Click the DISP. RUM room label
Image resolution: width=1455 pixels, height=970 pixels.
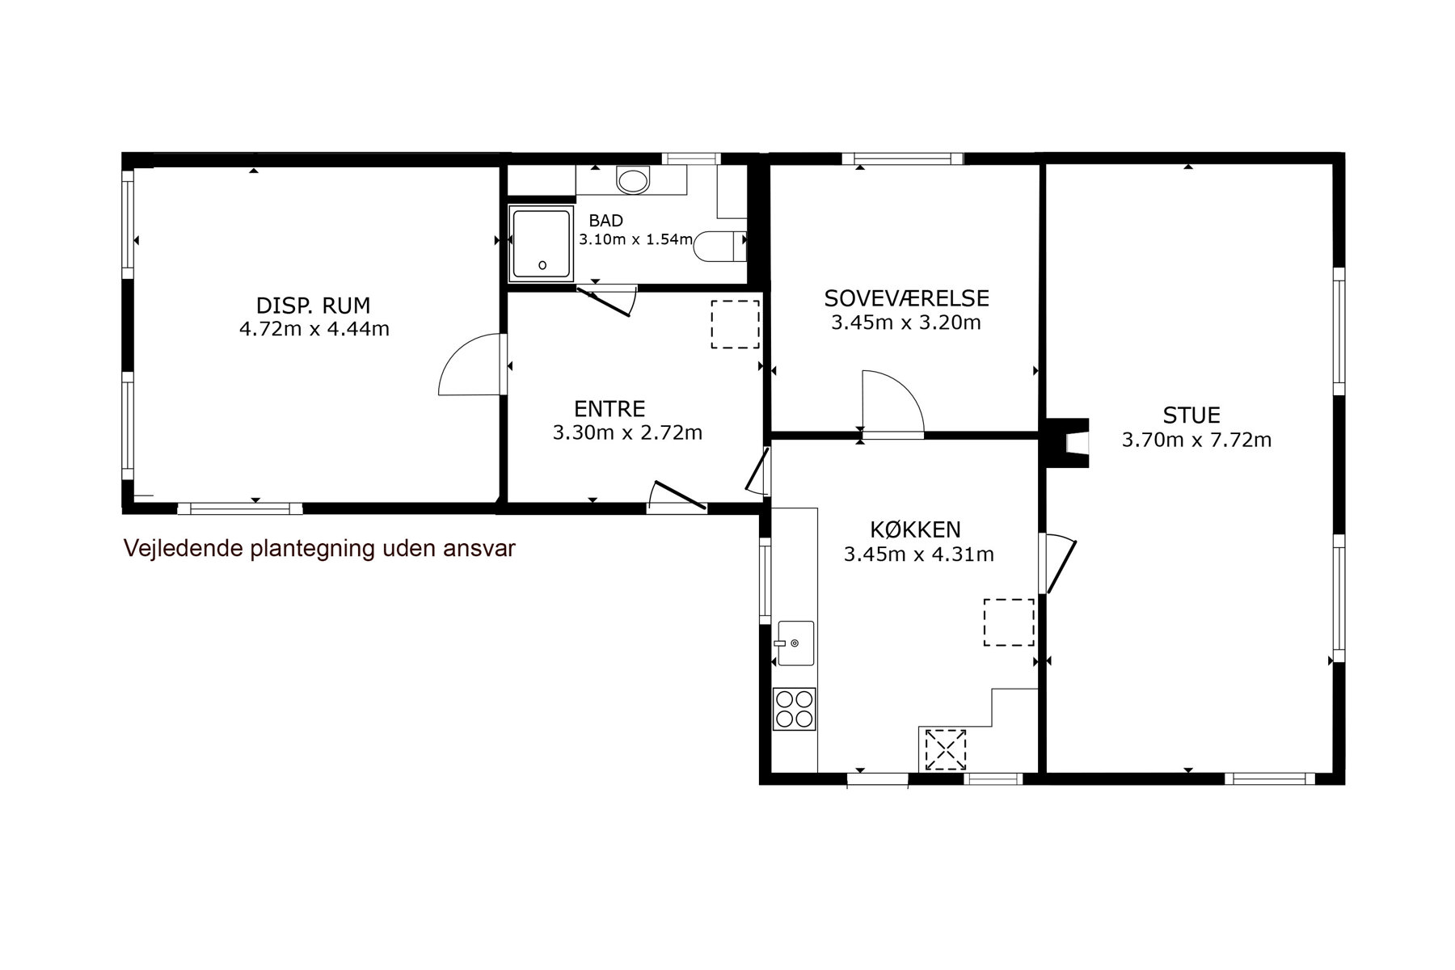click(313, 306)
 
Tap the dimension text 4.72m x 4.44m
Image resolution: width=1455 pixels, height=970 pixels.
click(314, 329)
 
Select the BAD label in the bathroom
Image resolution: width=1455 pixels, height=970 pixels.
click(605, 221)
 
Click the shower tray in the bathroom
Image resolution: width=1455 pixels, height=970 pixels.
click(540, 243)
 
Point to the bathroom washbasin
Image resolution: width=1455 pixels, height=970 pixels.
click(633, 179)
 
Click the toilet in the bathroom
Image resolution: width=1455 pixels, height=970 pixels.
click(719, 246)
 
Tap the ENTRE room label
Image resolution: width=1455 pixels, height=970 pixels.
click(609, 409)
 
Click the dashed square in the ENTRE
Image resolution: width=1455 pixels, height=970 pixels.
click(735, 324)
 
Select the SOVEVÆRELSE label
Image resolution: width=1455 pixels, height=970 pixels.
click(906, 298)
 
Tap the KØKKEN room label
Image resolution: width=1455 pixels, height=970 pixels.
click(915, 530)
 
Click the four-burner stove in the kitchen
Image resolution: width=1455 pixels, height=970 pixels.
click(794, 709)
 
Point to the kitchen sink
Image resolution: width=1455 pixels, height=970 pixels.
click(795, 643)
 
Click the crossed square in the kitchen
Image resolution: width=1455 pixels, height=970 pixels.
click(945, 749)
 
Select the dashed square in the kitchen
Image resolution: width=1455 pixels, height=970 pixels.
click(1009, 622)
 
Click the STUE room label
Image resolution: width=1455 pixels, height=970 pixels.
click(1191, 415)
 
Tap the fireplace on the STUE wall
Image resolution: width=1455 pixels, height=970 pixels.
click(1068, 443)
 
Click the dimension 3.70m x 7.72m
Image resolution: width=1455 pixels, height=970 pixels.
click(1196, 441)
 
